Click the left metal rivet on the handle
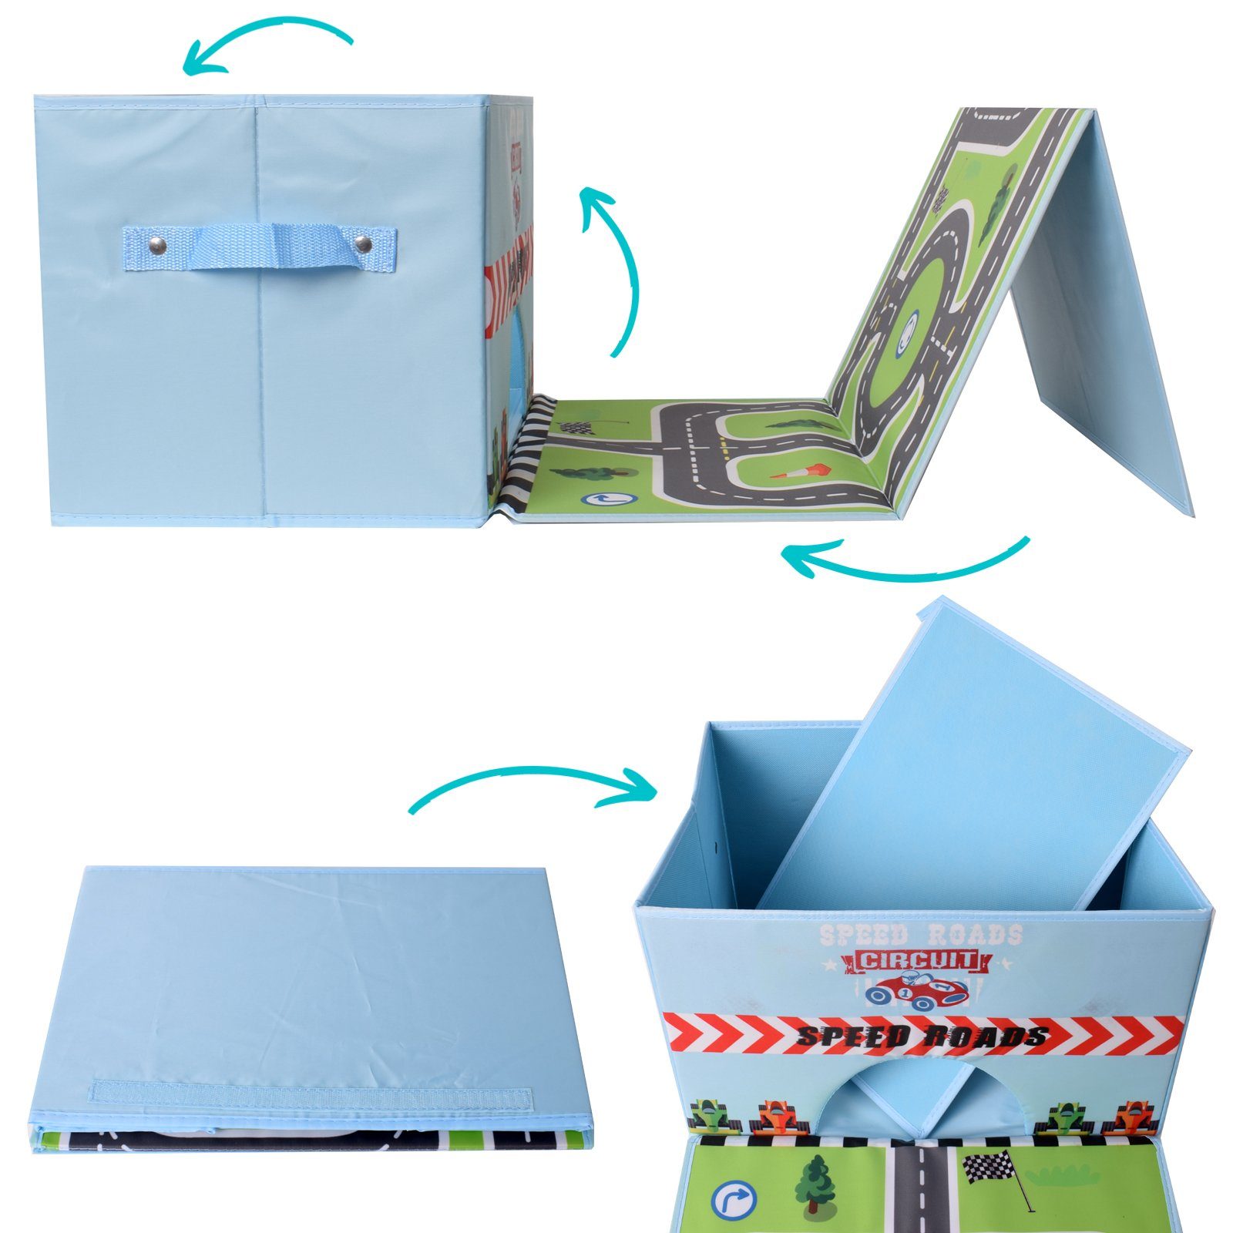click(157, 246)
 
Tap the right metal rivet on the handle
click(364, 246)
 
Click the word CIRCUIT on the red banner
click(917, 961)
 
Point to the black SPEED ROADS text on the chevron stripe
click(921, 1035)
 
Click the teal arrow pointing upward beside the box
click(616, 270)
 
